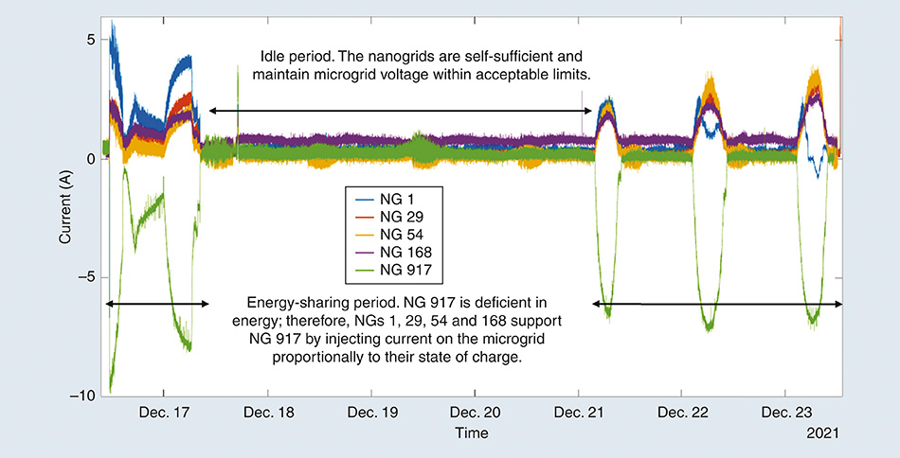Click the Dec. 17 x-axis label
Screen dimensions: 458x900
(x=164, y=414)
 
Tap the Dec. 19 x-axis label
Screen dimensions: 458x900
(x=371, y=414)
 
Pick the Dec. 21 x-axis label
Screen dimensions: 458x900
(x=579, y=414)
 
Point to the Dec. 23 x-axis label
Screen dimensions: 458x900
(x=786, y=414)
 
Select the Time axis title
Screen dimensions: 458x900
(x=471, y=432)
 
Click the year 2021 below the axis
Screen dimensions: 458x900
(x=821, y=432)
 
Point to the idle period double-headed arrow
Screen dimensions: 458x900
(x=398, y=111)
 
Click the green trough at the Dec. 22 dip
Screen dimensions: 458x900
(x=708, y=326)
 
